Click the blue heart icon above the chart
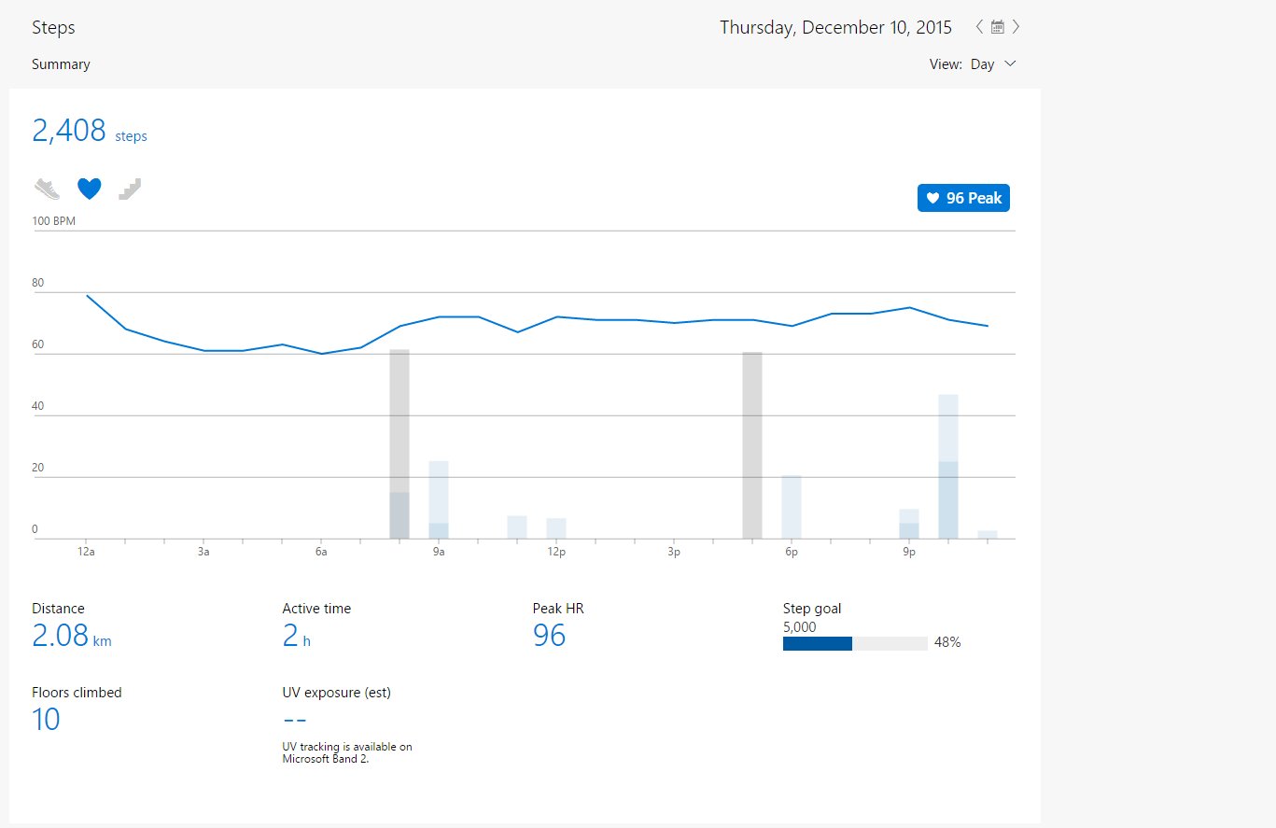point(89,189)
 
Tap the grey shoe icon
point(47,189)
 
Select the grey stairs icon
point(130,189)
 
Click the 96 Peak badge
point(963,198)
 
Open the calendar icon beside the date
point(998,27)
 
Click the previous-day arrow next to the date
point(978,27)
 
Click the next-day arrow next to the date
point(1016,27)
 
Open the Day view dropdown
point(993,63)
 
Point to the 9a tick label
point(439,552)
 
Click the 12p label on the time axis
point(556,552)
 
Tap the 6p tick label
point(792,552)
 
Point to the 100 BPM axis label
point(53,220)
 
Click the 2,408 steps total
point(90,131)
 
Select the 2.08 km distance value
point(71,636)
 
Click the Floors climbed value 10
point(46,719)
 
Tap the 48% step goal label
point(947,643)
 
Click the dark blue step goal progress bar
point(818,643)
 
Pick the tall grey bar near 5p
point(752,445)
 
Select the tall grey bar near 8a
point(400,444)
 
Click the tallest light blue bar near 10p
point(947,466)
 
